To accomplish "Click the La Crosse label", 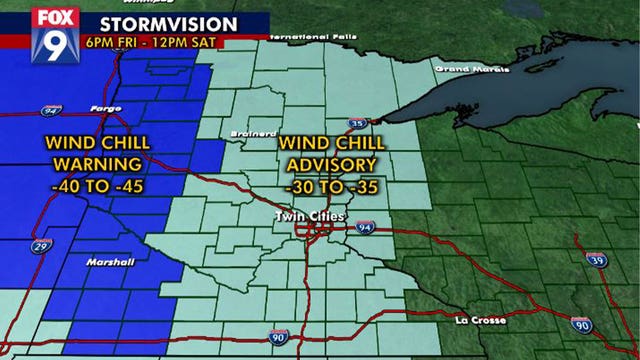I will click(481, 320).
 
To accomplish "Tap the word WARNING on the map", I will click(97, 163).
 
